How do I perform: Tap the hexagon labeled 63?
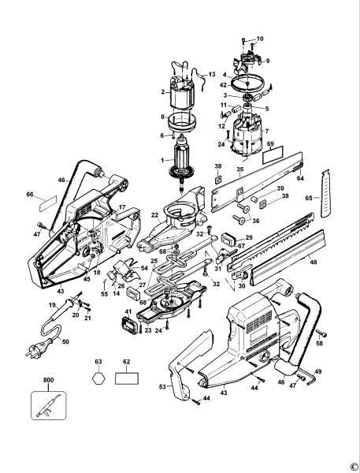[98, 378]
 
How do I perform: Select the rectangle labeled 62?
[128, 378]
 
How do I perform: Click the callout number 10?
[261, 39]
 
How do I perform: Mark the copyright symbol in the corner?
[352, 464]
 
